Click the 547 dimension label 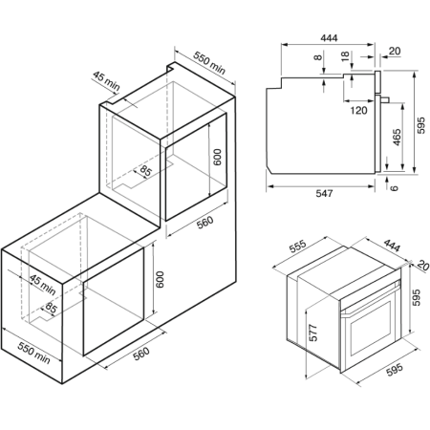pos(324,193)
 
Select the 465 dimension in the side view pos(397,138)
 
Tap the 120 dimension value pos(358,111)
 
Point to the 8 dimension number pos(317,57)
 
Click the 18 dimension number pos(345,56)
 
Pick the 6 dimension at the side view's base pos(395,187)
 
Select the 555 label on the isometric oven pos(298,247)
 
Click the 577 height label pos(313,333)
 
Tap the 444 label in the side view pos(329,38)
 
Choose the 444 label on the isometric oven pos(392,246)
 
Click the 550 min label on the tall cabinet pos(209,63)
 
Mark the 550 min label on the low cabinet pos(33,353)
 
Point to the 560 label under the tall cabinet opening pos(204,223)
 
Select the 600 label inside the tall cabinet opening pos(217,157)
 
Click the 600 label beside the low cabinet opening pos(160,279)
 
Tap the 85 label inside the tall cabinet pos(145,171)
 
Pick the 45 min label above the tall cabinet pos(106,81)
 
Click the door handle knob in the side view pos(385,99)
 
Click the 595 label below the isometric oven pos(395,369)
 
